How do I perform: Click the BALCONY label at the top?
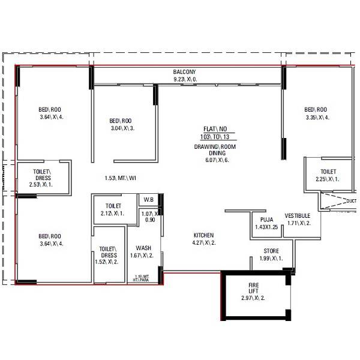[x=185, y=71]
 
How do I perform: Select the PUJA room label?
[x=259, y=220]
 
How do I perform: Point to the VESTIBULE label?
[x=297, y=215]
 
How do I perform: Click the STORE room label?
[x=271, y=251]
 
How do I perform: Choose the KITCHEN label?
[x=203, y=235]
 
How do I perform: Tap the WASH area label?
[x=143, y=247]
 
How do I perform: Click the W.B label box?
[x=148, y=200]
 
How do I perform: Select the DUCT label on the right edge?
[x=351, y=201]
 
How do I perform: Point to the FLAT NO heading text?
[x=214, y=129]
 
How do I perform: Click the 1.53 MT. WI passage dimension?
[x=121, y=178]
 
